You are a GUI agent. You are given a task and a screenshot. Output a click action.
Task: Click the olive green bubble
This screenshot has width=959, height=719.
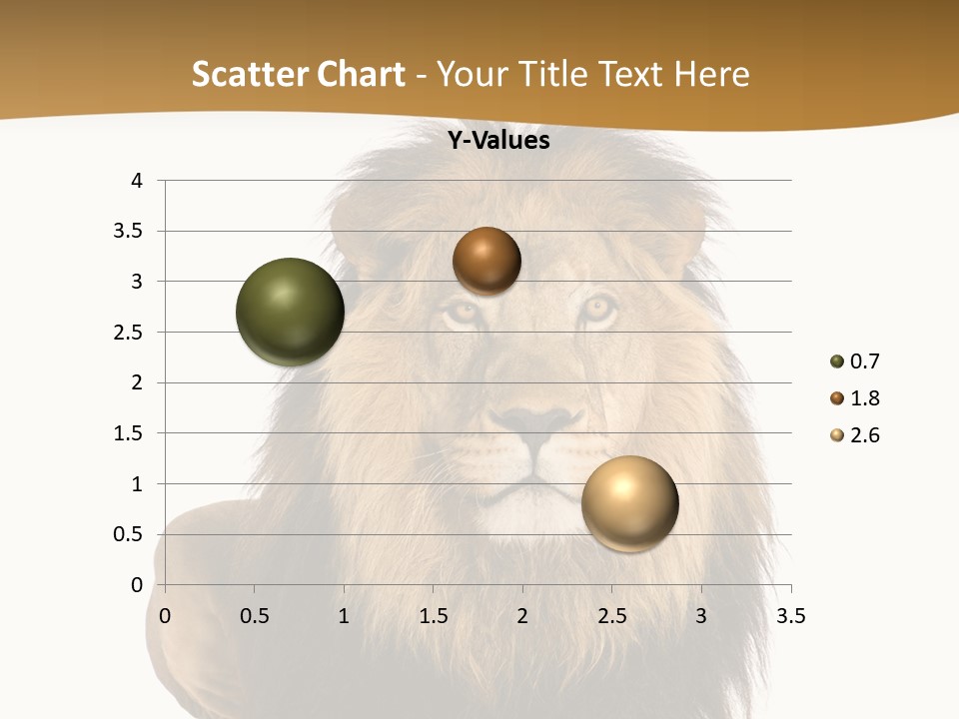pos(291,312)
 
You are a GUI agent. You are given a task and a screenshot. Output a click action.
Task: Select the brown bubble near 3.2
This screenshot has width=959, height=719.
pos(486,262)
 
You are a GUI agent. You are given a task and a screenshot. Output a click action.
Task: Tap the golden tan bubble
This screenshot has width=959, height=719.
pos(629,504)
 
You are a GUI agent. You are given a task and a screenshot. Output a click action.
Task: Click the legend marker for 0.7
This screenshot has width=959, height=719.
pos(836,361)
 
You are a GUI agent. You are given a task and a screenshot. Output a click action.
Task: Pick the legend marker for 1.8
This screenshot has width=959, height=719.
pos(836,398)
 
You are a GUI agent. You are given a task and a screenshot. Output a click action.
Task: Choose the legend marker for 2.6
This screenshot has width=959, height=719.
pos(836,435)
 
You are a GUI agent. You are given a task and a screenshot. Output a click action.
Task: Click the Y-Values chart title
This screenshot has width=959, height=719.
pos(498,141)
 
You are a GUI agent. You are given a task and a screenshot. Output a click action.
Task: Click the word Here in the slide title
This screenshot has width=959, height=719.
pos(710,74)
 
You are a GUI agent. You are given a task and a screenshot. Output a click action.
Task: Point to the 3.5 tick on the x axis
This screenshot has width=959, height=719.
pos(790,616)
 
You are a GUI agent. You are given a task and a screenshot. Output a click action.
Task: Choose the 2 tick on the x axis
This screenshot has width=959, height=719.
pos(522,616)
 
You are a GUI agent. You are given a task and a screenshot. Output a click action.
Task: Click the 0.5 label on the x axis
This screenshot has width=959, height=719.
pos(255,616)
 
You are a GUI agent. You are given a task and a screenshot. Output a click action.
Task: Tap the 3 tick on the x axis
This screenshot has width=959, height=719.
pos(701,616)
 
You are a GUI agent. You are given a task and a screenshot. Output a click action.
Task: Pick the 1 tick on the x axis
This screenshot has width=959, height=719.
pos(345,616)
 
